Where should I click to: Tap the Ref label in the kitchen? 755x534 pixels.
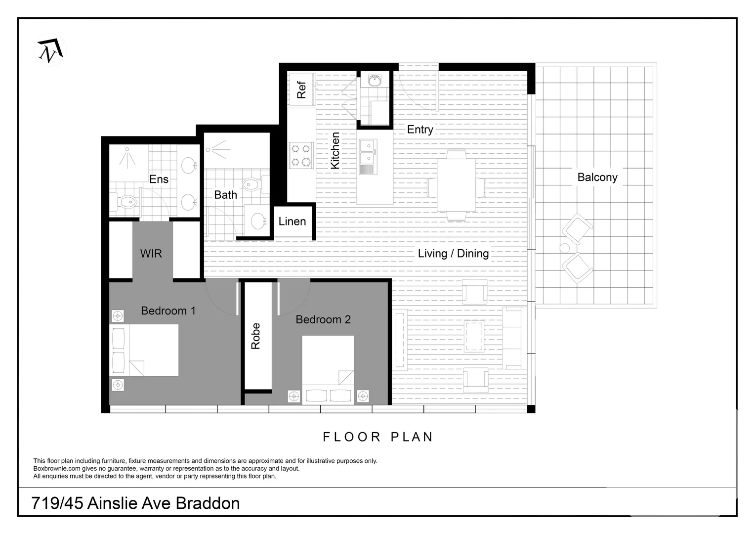pos(301,90)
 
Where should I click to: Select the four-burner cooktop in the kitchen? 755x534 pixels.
pos(301,155)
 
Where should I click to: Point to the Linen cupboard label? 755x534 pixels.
pos(292,222)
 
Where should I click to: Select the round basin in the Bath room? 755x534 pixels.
pos(258,221)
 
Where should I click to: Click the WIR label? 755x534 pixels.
pos(151,254)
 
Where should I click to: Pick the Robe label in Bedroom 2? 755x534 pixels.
pos(255,336)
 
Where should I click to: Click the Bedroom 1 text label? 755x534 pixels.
pos(168,311)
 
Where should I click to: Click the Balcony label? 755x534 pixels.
pos(597,178)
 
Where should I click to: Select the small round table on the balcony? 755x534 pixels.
pos(565,248)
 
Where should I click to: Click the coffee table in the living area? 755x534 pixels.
pos(474,336)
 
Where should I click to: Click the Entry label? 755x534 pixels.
pos(420,130)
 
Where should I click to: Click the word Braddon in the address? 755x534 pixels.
pos(208,503)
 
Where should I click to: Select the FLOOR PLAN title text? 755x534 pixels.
pos(378,437)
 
